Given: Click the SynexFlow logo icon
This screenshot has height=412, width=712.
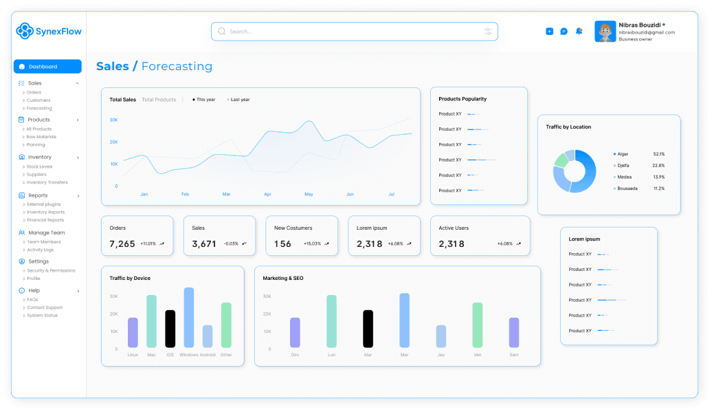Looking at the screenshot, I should (25, 30).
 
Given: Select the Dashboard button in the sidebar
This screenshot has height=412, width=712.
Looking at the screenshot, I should (47, 67).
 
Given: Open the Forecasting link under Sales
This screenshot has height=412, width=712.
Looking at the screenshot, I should (39, 108).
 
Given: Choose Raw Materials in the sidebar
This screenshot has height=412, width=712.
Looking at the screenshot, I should (41, 137).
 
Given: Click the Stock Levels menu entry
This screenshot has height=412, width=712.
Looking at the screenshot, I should (39, 166).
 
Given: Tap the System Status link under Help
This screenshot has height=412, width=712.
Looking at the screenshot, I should (42, 316).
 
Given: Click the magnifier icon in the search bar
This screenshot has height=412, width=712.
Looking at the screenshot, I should (222, 31).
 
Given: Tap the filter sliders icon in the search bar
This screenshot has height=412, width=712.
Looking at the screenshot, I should (488, 32).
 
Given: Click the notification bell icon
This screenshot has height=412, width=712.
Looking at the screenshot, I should (579, 31).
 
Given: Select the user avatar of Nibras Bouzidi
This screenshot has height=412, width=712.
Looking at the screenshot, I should (605, 32).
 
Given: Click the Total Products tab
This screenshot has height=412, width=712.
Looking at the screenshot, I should (159, 100).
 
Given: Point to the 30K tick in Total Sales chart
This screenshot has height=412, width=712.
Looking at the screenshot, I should (113, 120).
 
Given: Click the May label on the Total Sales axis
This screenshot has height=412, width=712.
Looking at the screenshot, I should (309, 195).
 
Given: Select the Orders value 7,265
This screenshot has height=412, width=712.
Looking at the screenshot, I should (122, 243).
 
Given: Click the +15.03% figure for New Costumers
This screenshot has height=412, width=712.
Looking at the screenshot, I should (313, 243).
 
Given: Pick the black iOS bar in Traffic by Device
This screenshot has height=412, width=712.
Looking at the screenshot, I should (170, 329).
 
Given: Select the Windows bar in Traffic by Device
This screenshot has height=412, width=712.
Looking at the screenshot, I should (189, 318).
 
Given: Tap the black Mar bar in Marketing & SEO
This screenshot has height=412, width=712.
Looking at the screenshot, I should (368, 329).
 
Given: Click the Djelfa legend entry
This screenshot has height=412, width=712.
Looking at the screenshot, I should (623, 165).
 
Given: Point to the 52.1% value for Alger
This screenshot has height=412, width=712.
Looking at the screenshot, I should (658, 154).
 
